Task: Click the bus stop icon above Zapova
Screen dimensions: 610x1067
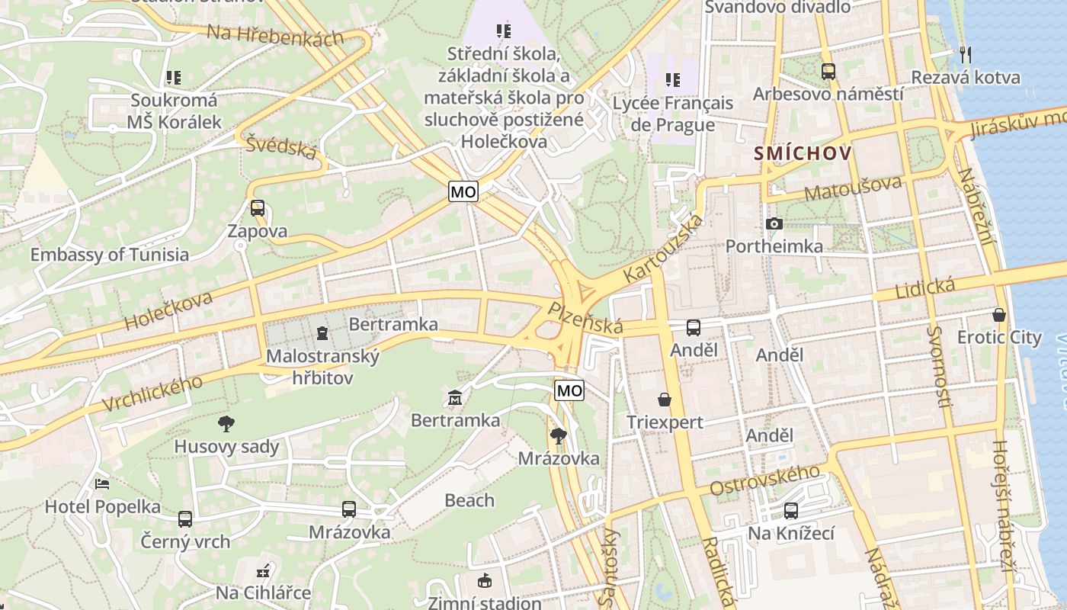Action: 258,207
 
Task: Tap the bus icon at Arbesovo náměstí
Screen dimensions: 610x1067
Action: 828,71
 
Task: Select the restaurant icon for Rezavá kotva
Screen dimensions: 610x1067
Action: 965,54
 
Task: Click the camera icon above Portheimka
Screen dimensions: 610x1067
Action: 774,223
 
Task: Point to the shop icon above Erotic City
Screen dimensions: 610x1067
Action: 998,314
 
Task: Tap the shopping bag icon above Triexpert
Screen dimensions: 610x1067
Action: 665,399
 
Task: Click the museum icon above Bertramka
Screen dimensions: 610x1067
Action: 455,397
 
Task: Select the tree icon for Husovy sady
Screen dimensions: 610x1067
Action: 226,423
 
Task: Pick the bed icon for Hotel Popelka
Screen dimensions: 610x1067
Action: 102,483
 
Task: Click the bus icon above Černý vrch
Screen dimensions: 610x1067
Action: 185,519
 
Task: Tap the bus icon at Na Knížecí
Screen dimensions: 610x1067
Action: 791,510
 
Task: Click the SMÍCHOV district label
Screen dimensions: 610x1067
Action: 803,153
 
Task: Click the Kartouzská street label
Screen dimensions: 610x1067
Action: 662,248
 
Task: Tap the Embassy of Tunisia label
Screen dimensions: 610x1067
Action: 109,255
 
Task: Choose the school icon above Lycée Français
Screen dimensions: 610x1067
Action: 672,80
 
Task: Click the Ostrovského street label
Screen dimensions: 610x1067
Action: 764,480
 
